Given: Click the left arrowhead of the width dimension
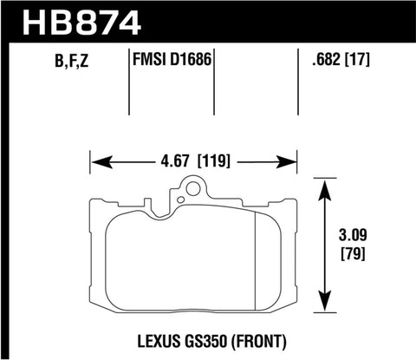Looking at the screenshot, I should pos(98,160).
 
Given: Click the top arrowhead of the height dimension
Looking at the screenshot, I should pos(325,184).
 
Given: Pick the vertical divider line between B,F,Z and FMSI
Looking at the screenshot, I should pos(129,82).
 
